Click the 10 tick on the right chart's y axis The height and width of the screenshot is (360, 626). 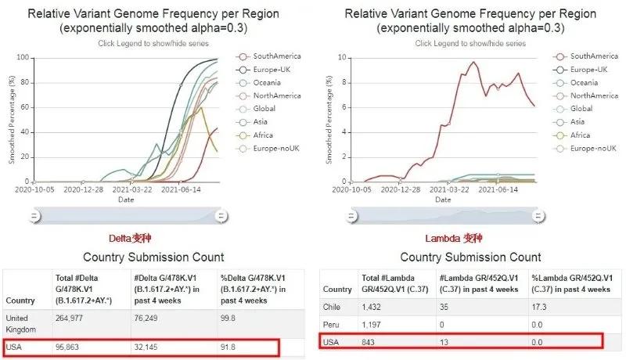point(341,58)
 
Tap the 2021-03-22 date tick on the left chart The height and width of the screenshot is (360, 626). point(133,189)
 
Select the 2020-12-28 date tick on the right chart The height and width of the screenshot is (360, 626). point(402,189)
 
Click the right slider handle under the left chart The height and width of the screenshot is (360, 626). point(221,215)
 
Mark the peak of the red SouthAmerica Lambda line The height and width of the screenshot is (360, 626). point(473,62)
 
